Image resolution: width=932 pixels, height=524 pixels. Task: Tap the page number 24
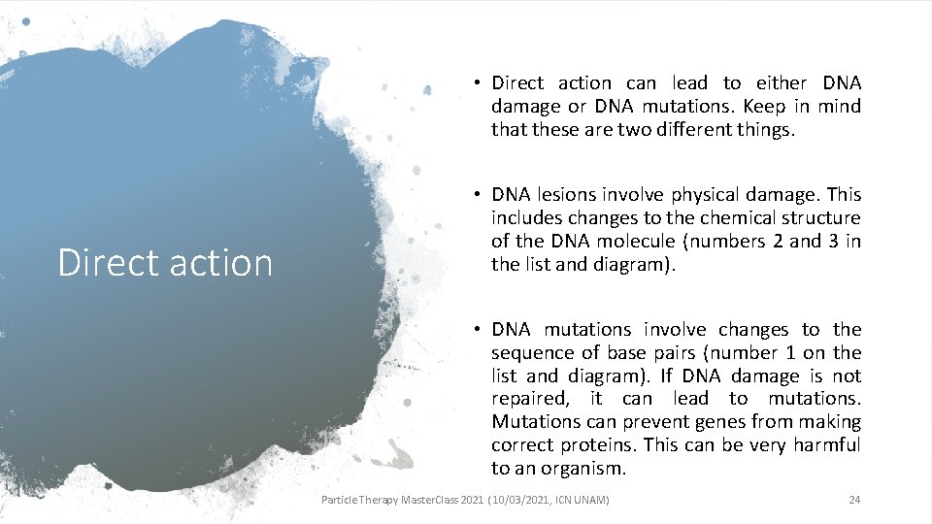[854, 500]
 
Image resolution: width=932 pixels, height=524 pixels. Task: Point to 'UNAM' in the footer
[589, 500]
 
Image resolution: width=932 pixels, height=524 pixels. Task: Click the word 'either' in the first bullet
[782, 83]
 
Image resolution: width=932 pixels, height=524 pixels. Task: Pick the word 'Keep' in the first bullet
[724, 107]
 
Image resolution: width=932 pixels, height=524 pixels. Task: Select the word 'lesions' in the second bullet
[563, 195]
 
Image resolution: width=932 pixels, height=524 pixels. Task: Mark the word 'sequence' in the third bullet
[531, 353]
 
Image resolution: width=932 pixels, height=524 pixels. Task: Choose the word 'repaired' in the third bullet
[528, 399]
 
